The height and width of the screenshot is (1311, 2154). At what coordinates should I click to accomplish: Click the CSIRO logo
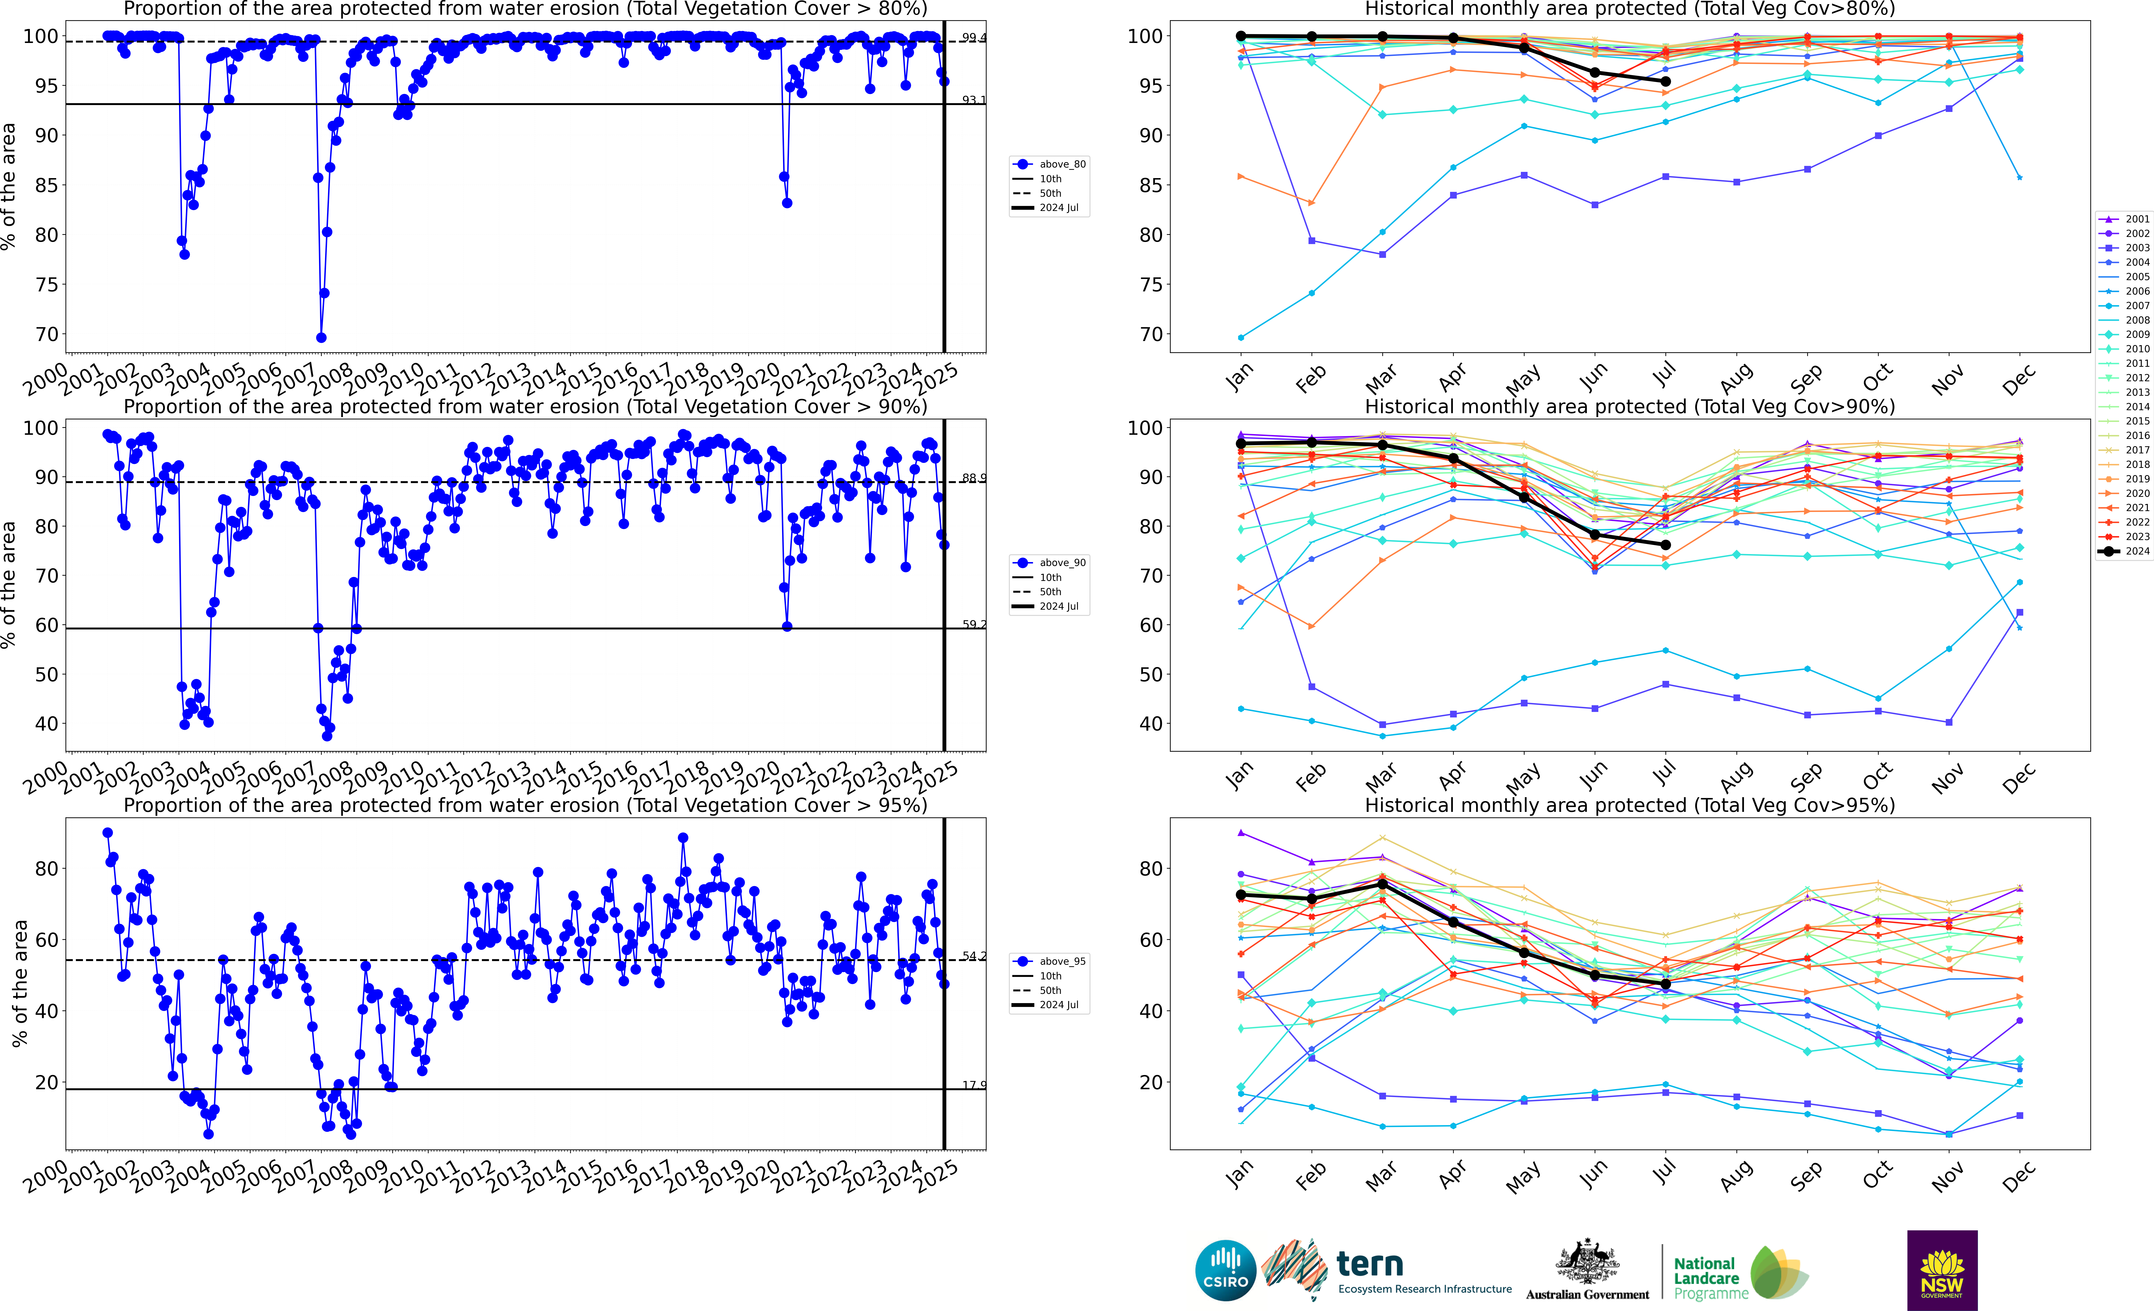click(x=1225, y=1270)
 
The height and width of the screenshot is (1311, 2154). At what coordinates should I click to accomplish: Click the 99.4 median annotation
click(x=973, y=38)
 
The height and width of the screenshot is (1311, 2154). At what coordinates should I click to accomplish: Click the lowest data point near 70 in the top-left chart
click(x=321, y=337)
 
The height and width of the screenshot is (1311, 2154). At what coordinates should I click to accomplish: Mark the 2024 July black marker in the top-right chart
click(x=1665, y=81)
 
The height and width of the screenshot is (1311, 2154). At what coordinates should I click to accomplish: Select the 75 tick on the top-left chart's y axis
click(x=46, y=285)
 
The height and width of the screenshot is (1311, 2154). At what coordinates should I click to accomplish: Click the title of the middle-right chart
click(x=1630, y=407)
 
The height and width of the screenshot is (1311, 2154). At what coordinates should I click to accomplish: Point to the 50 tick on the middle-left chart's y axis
click(x=46, y=675)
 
